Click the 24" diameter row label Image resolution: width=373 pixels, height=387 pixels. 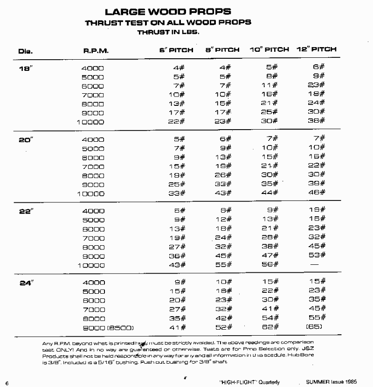pos(25,282)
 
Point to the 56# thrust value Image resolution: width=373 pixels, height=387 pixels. pos(269,264)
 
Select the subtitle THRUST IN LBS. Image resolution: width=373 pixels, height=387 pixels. pos(168,32)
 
